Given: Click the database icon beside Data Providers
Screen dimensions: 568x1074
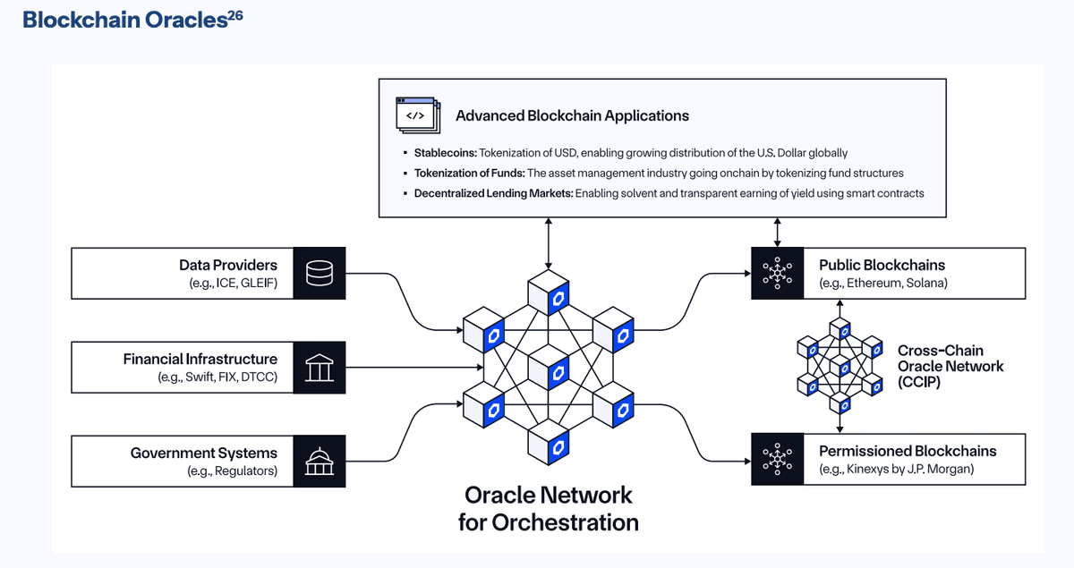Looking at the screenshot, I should tap(320, 274).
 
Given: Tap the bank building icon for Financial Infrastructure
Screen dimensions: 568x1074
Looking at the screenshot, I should tap(320, 367).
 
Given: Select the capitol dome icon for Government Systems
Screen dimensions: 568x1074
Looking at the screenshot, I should tap(320, 461).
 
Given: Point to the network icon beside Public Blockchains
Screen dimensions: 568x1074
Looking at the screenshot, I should tap(777, 274).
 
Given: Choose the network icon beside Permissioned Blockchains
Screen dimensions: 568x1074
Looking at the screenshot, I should tap(777, 459).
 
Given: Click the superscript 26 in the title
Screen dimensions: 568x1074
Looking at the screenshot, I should tap(234, 14).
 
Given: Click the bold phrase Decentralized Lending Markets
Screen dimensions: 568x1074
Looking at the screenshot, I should tap(492, 192).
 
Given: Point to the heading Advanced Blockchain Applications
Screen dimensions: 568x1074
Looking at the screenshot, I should tap(572, 115).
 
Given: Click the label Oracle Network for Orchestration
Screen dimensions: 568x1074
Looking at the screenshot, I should tap(548, 508).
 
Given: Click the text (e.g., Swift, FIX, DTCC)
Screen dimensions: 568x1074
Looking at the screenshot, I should tap(211, 377).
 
